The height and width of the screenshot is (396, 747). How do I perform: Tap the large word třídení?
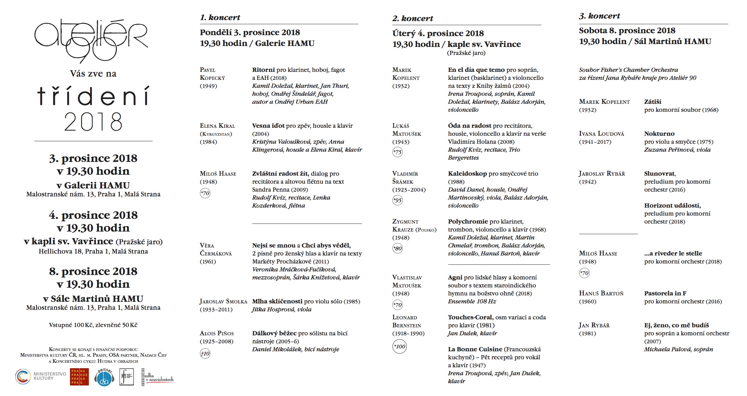[x=93, y=96]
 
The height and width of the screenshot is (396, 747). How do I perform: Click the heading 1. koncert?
[x=220, y=18]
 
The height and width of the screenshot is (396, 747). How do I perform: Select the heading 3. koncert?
[x=599, y=16]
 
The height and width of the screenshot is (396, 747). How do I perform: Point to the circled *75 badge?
[x=397, y=152]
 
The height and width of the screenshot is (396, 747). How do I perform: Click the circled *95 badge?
[x=397, y=200]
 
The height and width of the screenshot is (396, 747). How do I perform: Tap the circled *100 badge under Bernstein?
[x=399, y=346]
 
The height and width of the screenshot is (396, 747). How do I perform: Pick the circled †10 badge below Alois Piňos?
[x=205, y=354]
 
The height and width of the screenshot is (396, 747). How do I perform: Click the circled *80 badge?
[x=397, y=248]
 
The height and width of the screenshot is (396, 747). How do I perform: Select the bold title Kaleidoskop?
[x=467, y=174]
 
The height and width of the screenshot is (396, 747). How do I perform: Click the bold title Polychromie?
[x=468, y=222]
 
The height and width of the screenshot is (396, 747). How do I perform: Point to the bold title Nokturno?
[x=659, y=134]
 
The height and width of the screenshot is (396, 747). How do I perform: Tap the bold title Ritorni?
[x=263, y=70]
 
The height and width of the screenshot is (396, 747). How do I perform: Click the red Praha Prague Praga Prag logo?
[x=79, y=377]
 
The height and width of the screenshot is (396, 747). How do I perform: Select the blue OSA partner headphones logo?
[x=104, y=377]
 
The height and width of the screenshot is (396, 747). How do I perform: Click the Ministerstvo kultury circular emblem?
[x=23, y=377]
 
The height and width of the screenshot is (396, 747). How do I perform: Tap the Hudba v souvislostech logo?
[x=158, y=377]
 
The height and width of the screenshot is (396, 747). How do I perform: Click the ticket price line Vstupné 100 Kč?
[x=93, y=325]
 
